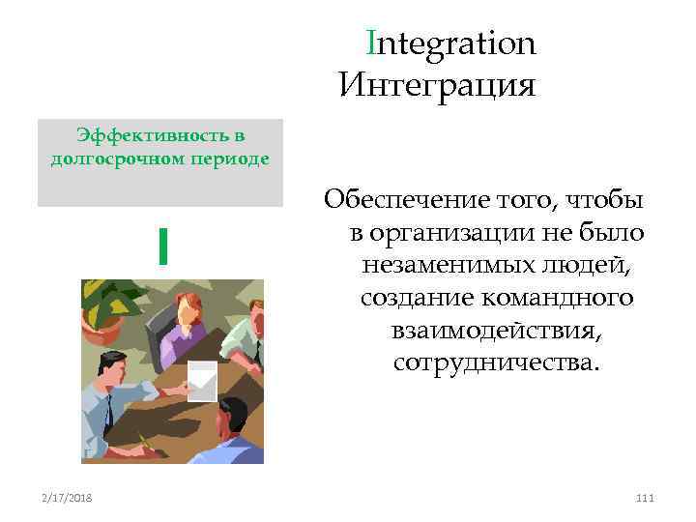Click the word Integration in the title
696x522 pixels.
pyautogui.click(x=451, y=43)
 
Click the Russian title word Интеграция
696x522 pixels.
pyautogui.click(x=437, y=85)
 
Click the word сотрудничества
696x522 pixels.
pyautogui.click(x=497, y=363)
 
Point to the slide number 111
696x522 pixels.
pyautogui.click(x=645, y=498)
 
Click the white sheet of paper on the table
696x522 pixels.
pyautogui.click(x=202, y=379)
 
